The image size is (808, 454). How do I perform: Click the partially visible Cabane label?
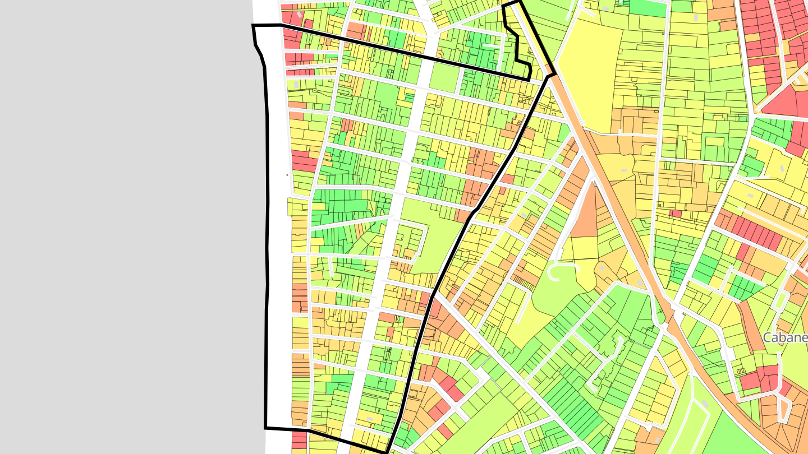click(x=786, y=337)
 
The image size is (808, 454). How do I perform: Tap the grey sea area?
click(x=123, y=224)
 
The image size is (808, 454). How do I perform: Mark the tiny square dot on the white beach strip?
click(x=287, y=175)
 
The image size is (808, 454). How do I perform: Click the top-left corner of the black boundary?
click(x=254, y=26)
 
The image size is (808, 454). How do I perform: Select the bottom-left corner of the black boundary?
click(x=266, y=428)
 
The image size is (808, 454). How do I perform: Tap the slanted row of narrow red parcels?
click(x=757, y=233)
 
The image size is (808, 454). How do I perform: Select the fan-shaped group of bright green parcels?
click(x=342, y=235)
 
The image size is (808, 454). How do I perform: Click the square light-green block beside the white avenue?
click(x=443, y=78)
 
